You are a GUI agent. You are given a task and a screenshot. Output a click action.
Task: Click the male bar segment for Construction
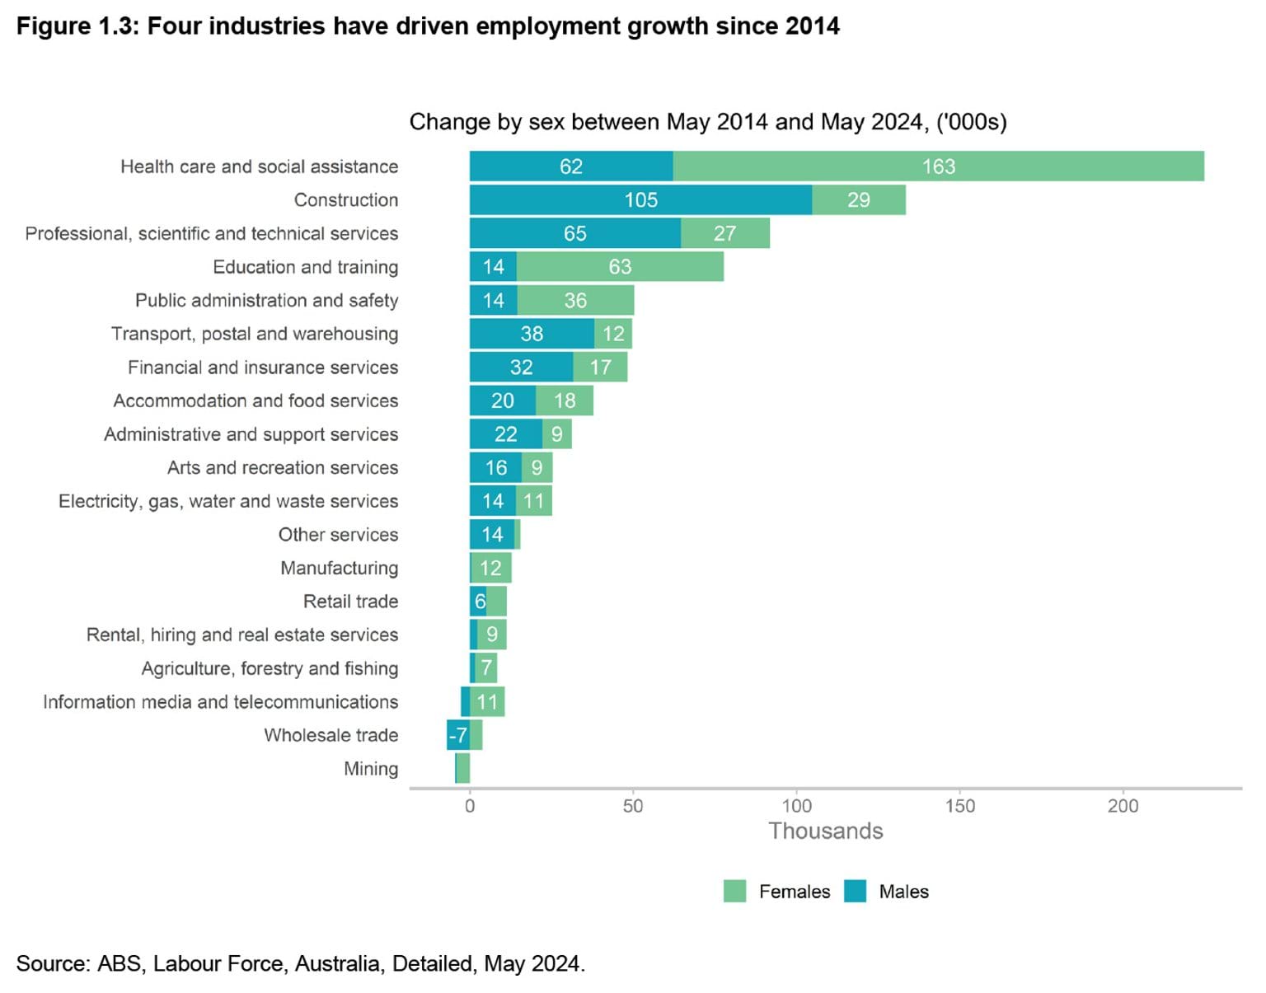640,200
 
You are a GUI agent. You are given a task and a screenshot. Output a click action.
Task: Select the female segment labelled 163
938,166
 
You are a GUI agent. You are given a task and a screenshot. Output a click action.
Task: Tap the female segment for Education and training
620,267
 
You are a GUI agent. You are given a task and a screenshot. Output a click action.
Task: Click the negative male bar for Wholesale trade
457,735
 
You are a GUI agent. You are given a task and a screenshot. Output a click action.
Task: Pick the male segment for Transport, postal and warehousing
532,334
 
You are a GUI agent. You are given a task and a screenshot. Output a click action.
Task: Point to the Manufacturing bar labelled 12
491,568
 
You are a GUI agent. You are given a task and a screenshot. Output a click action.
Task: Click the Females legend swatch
734,891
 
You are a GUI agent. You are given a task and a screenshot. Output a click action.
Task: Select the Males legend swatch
856,891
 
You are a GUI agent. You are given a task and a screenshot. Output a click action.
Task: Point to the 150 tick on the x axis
960,806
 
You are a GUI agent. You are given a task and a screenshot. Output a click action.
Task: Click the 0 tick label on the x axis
470,806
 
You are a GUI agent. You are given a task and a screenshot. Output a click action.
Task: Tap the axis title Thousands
825,831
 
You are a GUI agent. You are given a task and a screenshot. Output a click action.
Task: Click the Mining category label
371,769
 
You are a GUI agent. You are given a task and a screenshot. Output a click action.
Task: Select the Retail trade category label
350,602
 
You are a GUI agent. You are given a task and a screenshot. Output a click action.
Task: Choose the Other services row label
338,535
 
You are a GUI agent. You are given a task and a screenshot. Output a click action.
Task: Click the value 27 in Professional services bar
724,233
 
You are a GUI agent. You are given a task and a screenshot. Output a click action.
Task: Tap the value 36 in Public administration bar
575,301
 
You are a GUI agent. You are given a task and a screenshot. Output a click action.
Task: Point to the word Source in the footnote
51,963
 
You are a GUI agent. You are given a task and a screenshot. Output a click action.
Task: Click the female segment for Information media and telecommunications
487,702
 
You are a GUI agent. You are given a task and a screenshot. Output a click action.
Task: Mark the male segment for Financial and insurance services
521,368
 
